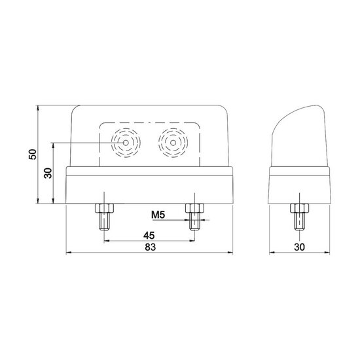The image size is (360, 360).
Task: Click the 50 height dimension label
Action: pyautogui.click(x=33, y=154)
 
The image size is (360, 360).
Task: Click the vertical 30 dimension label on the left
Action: pyautogui.click(x=48, y=173)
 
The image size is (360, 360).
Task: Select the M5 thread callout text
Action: pyautogui.click(x=158, y=215)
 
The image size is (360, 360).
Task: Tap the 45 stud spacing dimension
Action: pyautogui.click(x=149, y=236)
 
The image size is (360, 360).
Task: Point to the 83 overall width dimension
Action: pyautogui.click(x=151, y=247)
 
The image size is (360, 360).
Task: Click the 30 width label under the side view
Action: pyautogui.click(x=299, y=247)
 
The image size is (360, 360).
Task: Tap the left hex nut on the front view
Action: pyautogui.click(x=105, y=208)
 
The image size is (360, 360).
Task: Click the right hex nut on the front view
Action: pyautogui.click(x=194, y=208)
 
